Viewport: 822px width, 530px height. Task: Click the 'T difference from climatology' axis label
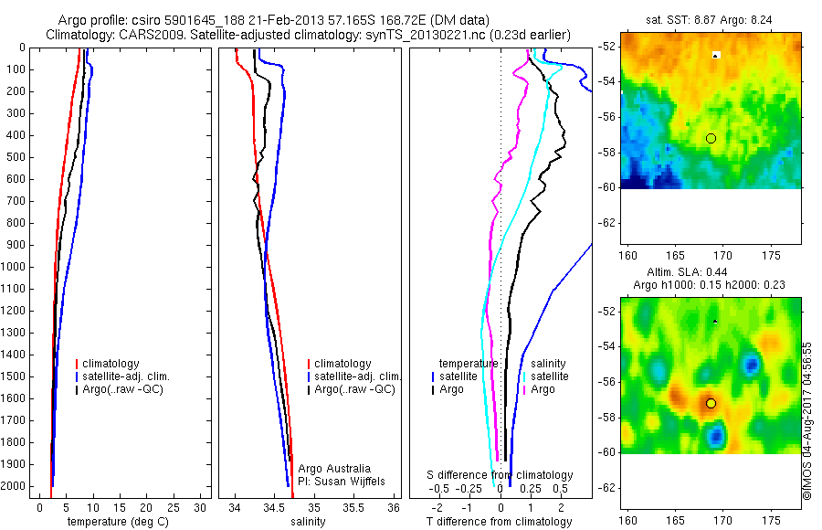click(x=500, y=522)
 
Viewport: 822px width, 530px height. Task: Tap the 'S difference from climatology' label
click(x=501, y=475)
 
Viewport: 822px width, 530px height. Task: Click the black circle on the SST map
click(x=711, y=138)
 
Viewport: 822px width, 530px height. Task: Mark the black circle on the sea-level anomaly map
click(x=711, y=403)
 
